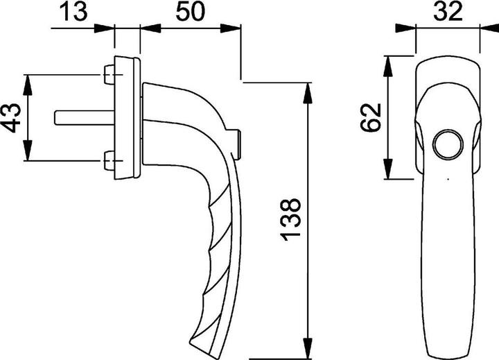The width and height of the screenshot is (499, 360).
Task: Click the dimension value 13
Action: point(75,12)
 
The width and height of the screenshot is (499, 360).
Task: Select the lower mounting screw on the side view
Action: point(107,162)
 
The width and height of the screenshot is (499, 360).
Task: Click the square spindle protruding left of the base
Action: point(77,117)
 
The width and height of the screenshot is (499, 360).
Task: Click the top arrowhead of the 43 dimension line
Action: point(28,80)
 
